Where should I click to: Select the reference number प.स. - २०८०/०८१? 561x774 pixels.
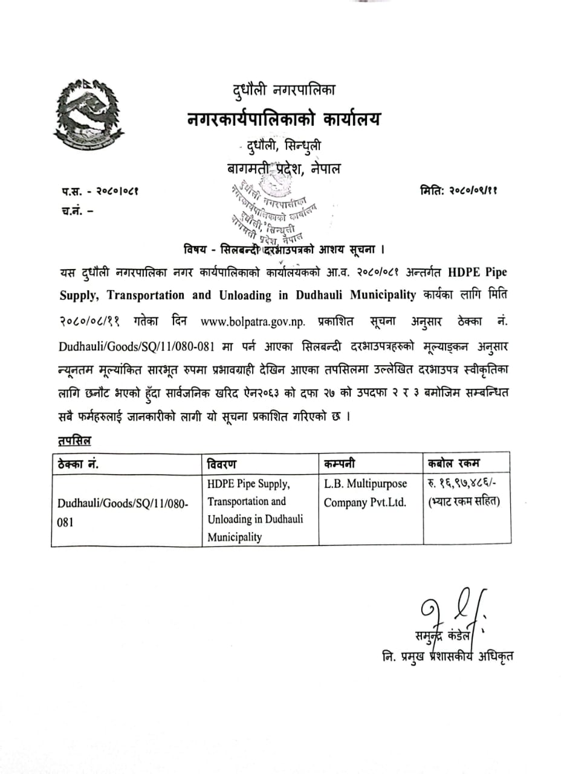pos(99,192)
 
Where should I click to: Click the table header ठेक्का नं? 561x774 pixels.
pos(79,464)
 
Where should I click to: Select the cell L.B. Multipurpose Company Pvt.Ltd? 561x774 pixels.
pos(366,493)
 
